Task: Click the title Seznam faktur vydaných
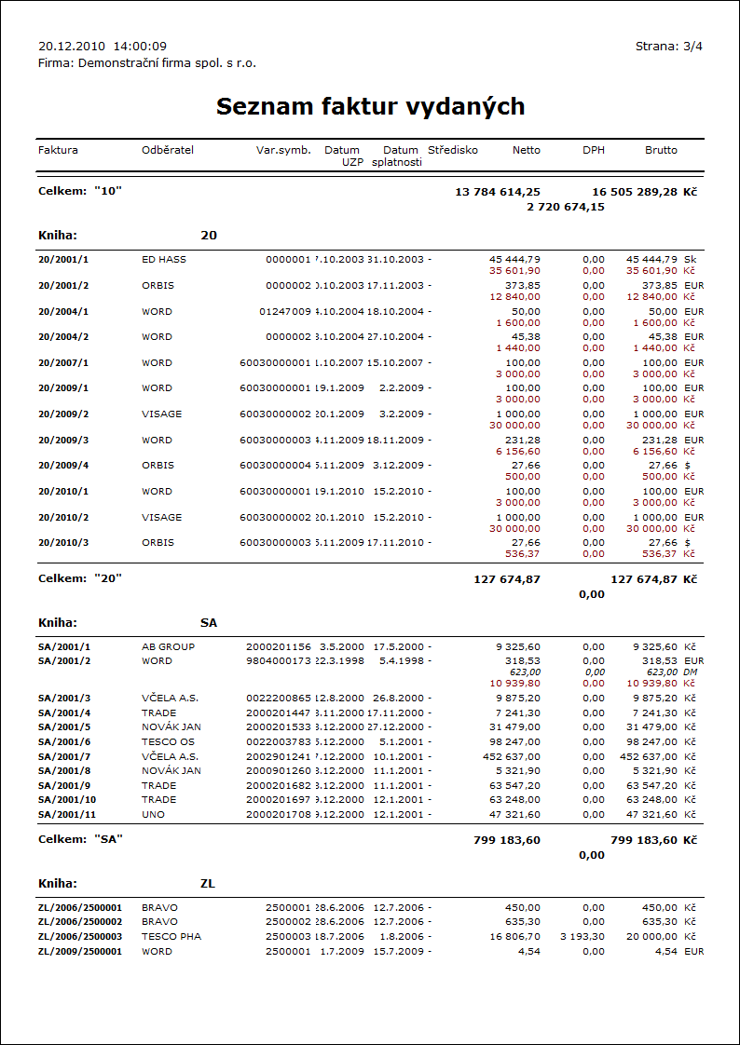pos(370,106)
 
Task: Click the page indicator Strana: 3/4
pos(668,46)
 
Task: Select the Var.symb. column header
pos(283,150)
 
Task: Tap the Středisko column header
pos(453,150)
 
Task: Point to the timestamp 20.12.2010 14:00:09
pos(103,46)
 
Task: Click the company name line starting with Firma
pos(147,63)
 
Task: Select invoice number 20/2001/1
pos(64,259)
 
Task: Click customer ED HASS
pos(164,259)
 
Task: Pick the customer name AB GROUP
pos(168,646)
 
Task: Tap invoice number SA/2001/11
pos(67,814)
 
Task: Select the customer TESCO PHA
pos(171,937)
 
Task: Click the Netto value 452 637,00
pos(511,756)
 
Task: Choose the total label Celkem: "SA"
pos(81,839)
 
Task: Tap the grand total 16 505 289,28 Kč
pos(644,191)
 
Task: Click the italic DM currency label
pos(691,672)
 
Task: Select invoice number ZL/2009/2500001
pos(80,952)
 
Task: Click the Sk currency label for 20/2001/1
pos(690,259)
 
